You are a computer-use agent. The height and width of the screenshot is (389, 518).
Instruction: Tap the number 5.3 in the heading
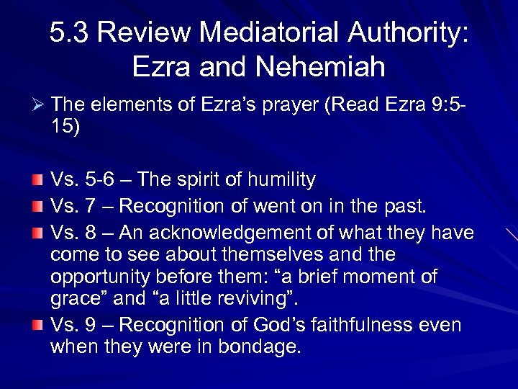[71, 33]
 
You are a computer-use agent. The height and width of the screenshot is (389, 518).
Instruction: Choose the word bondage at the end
[258, 346]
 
